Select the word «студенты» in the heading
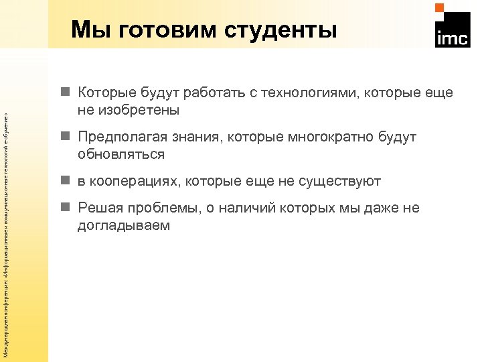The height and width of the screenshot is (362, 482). click(280, 29)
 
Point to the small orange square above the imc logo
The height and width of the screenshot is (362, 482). click(440, 8)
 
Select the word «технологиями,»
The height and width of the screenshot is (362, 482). click(312, 93)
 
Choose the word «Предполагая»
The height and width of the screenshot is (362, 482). click(118, 137)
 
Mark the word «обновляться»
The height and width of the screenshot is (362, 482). click(121, 154)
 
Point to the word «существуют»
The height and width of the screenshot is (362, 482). click(343, 182)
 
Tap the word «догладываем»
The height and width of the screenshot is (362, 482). click(124, 225)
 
